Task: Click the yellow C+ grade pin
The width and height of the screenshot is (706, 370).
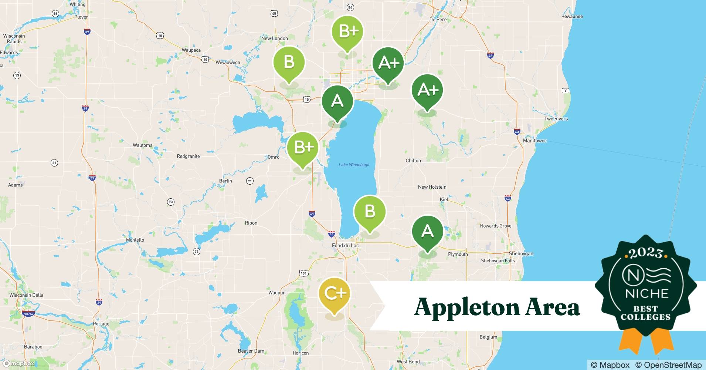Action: (x=335, y=294)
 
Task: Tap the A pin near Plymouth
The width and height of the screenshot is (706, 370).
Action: (x=427, y=232)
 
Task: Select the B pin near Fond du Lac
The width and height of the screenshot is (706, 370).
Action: (x=370, y=212)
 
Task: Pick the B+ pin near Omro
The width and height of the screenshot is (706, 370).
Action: (x=303, y=148)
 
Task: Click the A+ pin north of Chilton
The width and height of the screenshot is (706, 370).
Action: (x=427, y=90)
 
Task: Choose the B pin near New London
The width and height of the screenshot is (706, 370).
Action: (x=289, y=62)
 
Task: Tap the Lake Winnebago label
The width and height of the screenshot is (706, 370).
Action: (x=354, y=165)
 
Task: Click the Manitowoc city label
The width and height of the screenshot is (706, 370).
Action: (x=534, y=141)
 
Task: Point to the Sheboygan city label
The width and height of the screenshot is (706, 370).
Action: (x=521, y=254)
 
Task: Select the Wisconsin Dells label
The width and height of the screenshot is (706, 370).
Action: (x=26, y=295)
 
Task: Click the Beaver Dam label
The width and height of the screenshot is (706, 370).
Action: (x=251, y=351)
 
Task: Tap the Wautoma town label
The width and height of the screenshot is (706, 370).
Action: (x=143, y=145)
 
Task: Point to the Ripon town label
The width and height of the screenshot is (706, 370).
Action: (x=251, y=223)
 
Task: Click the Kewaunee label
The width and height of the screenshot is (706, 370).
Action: (x=572, y=16)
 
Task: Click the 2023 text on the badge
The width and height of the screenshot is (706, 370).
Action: (x=646, y=253)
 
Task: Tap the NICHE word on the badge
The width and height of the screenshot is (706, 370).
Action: (x=646, y=294)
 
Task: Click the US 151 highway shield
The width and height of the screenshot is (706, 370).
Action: (x=303, y=273)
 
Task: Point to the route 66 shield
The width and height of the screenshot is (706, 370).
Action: (x=55, y=14)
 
